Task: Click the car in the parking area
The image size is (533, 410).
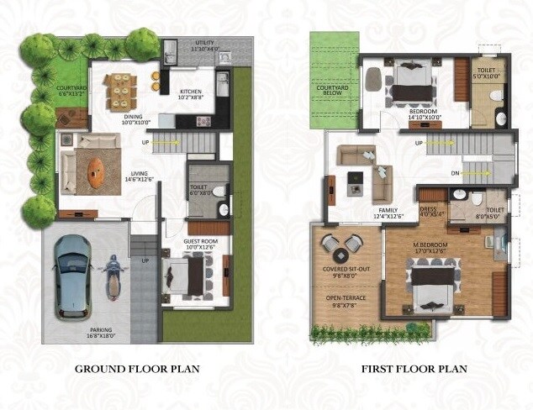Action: [73, 276]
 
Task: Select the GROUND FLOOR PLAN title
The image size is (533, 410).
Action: [137, 369]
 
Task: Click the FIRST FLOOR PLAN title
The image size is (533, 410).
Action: [414, 369]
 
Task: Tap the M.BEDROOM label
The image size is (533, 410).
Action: [430, 245]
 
